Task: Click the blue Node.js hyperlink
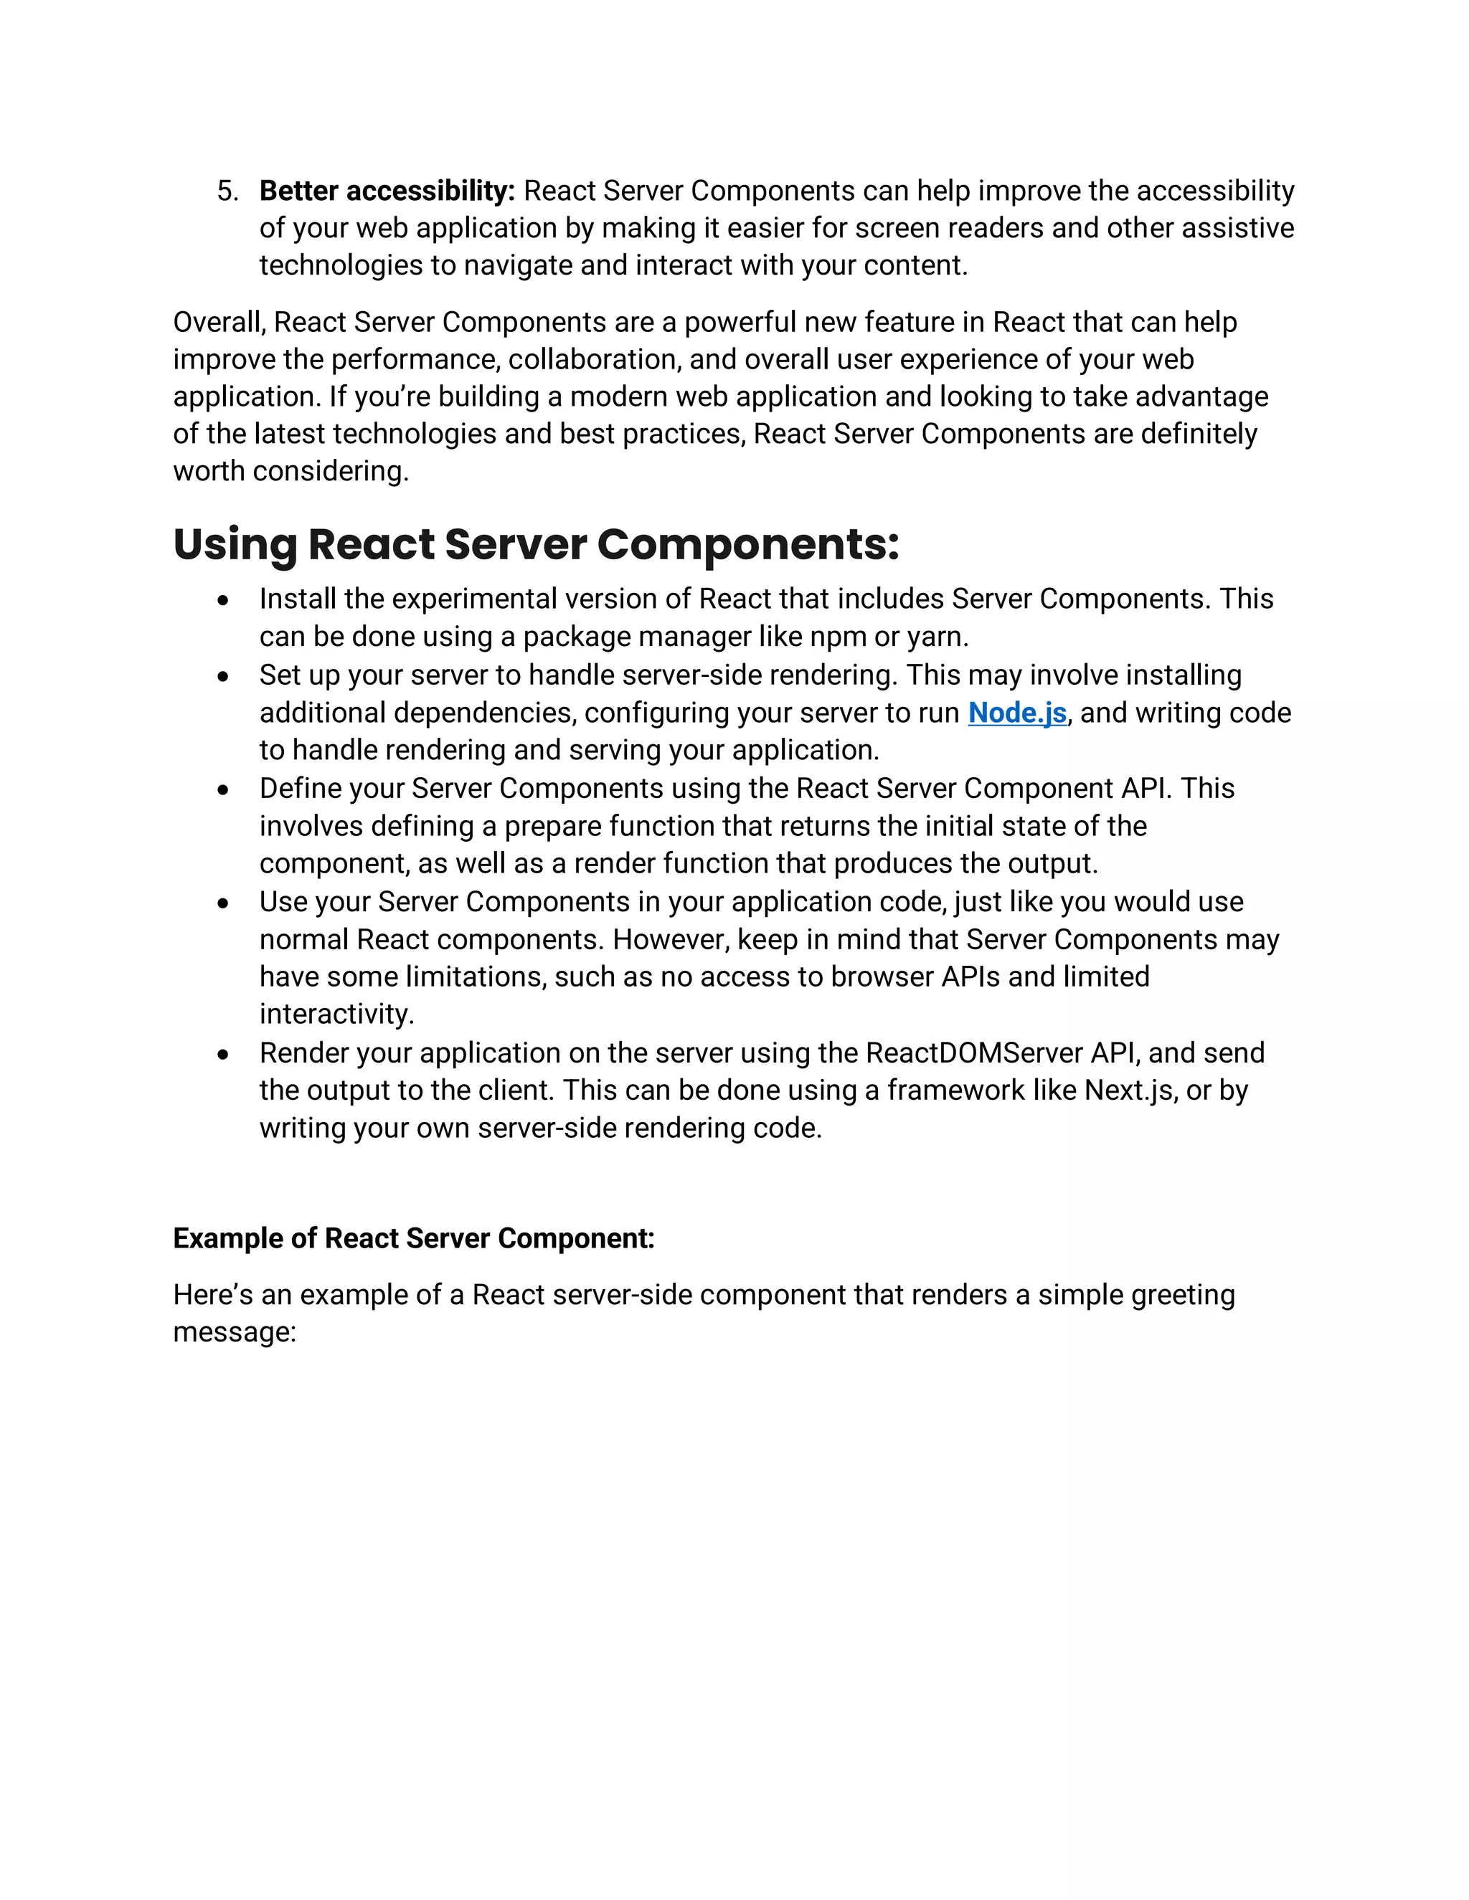click(1016, 713)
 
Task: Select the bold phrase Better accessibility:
click(387, 191)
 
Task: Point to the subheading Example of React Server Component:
click(413, 1238)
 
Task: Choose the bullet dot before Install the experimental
click(224, 600)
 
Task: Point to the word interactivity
click(336, 1015)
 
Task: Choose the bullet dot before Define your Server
click(224, 790)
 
